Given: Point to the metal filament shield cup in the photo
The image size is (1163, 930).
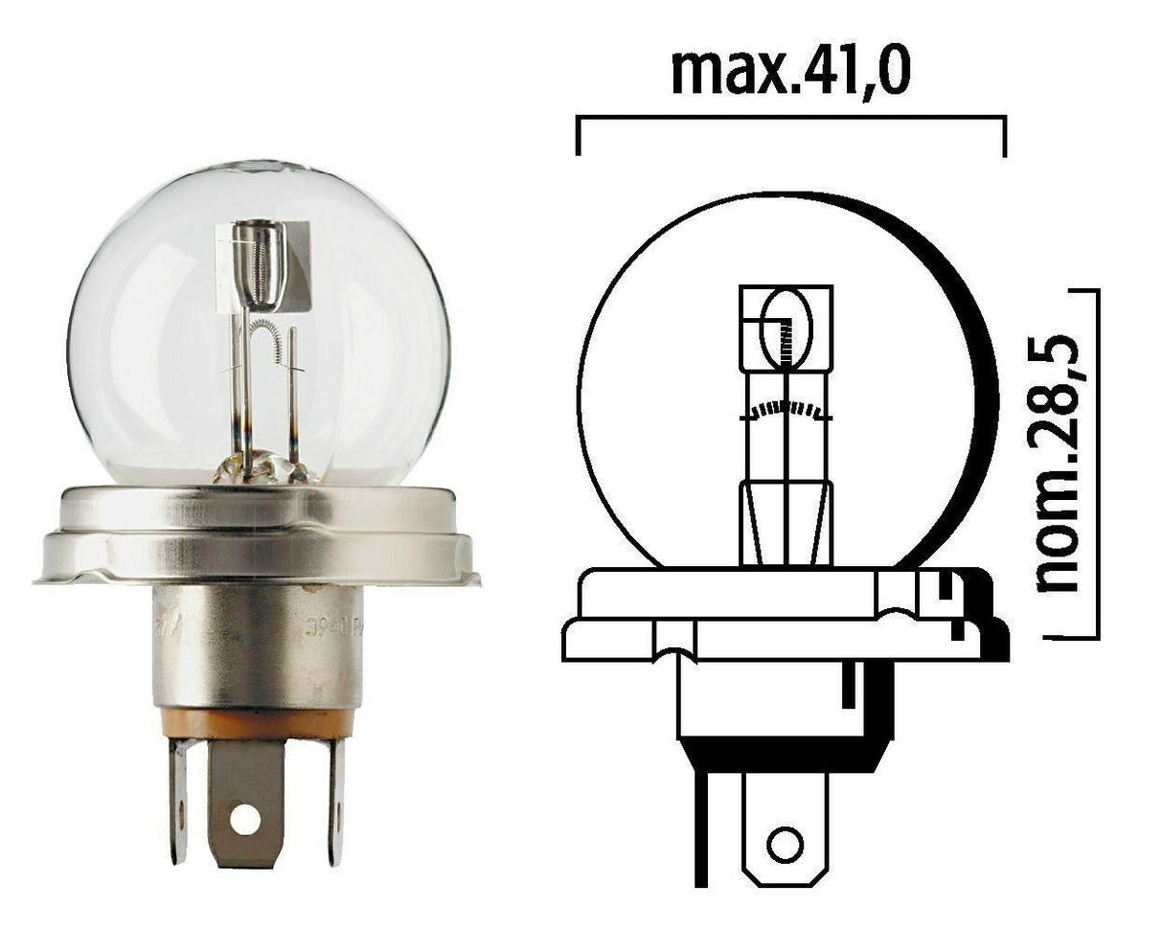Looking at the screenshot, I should pyautogui.click(x=264, y=259).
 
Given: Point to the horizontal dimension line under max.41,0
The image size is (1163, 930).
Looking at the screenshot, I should pyautogui.click(x=790, y=119).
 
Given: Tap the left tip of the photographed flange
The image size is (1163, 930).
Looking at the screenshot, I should pyautogui.click(x=38, y=578).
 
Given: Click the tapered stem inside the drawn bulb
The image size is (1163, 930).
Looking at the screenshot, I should pyautogui.click(x=786, y=522).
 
